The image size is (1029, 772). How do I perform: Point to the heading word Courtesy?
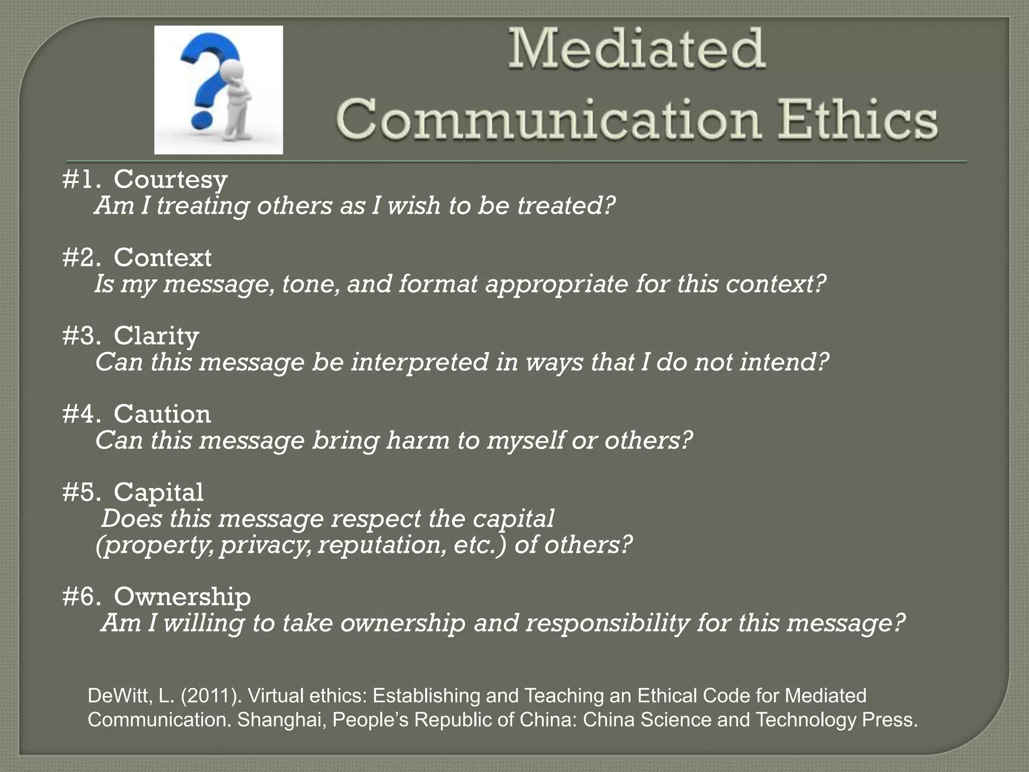[x=170, y=179]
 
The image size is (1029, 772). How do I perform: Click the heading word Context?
[x=162, y=257]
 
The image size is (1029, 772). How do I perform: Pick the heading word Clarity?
[x=156, y=336]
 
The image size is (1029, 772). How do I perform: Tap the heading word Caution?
[x=162, y=414]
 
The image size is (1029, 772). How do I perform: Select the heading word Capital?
[x=158, y=492]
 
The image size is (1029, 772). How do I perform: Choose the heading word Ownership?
[x=182, y=597]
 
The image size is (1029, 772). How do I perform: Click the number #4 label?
[x=81, y=414]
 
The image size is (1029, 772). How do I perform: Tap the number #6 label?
[x=81, y=597]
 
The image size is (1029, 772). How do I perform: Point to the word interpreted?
[x=420, y=362]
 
